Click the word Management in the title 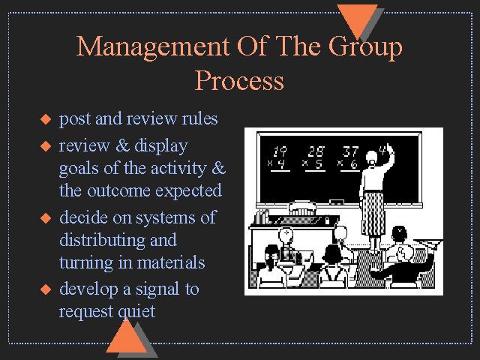coord(152,46)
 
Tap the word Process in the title coord(239,80)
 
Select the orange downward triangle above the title coord(357,19)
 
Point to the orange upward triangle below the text coord(127,337)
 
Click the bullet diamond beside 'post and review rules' coord(46,119)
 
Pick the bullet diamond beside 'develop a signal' coord(46,289)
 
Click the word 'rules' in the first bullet coord(199,118)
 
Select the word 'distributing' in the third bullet coord(103,240)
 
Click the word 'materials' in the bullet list coord(170,262)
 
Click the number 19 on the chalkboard coord(280,151)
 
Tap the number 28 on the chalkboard coord(316,151)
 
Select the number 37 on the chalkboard coord(350,151)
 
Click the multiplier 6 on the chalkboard coord(354,165)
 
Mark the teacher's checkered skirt coord(373,213)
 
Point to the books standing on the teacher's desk coord(262,217)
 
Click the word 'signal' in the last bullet coord(157,289)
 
